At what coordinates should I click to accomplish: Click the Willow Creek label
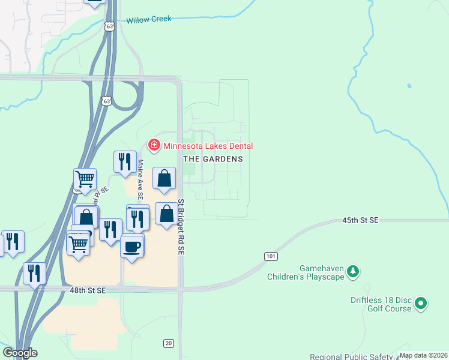(149, 19)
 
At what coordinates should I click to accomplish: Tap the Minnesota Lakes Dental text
(208, 146)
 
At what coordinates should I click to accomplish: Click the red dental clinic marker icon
(154, 145)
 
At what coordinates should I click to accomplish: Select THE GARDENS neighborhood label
(213, 159)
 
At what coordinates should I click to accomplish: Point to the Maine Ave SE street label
(140, 178)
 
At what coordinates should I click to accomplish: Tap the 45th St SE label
(361, 221)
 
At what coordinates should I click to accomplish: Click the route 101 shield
(271, 256)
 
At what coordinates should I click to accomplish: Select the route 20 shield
(168, 343)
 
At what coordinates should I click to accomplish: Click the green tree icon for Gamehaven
(354, 272)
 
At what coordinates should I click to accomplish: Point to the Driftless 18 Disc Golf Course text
(381, 304)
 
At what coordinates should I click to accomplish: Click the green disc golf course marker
(421, 304)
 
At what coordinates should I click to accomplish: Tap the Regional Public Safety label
(352, 356)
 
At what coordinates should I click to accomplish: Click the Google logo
(20, 353)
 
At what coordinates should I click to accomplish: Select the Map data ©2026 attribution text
(423, 355)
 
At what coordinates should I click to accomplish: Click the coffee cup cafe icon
(132, 246)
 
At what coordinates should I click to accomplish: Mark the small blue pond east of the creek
(409, 86)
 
